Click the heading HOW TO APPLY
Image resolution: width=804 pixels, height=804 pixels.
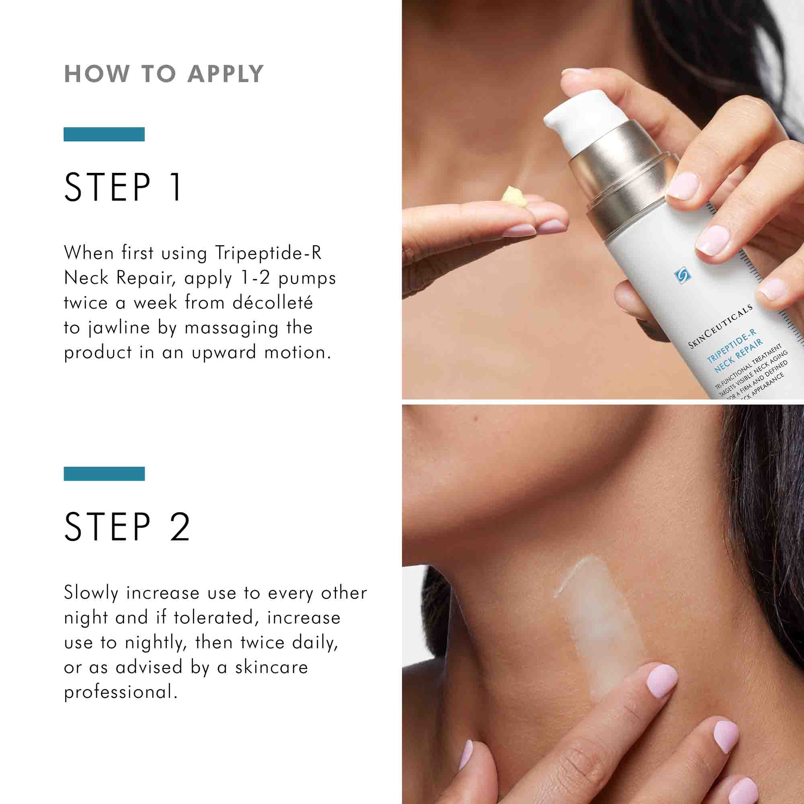point(164,74)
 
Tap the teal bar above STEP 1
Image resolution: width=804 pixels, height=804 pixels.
point(104,134)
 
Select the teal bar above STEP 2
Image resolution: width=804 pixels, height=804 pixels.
point(104,474)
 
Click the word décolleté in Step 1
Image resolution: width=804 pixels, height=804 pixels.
point(272,303)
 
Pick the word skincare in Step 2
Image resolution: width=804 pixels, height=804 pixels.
point(271,667)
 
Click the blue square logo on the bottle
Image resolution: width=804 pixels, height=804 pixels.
point(682,275)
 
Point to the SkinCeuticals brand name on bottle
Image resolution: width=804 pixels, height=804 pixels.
point(720,327)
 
